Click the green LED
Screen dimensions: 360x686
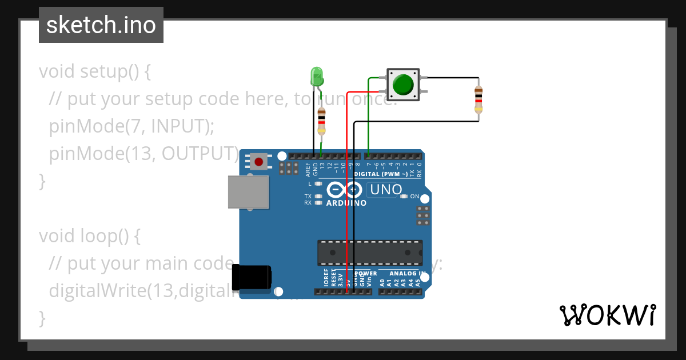(x=316, y=76)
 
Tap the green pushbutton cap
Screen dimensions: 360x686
(x=403, y=84)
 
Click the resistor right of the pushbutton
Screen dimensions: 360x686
(x=478, y=100)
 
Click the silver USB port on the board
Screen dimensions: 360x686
(x=248, y=191)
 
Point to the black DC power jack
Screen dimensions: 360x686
(x=252, y=278)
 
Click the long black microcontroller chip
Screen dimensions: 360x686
(x=370, y=252)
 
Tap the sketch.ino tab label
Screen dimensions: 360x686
(x=101, y=25)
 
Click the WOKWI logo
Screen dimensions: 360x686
(x=607, y=315)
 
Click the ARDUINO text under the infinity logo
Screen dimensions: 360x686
(x=346, y=203)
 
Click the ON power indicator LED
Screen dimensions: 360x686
(x=404, y=197)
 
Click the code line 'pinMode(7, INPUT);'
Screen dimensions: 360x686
(x=131, y=126)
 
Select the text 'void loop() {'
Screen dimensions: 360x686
(x=90, y=235)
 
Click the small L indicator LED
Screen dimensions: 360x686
(x=318, y=184)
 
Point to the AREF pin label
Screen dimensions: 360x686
(x=308, y=169)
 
